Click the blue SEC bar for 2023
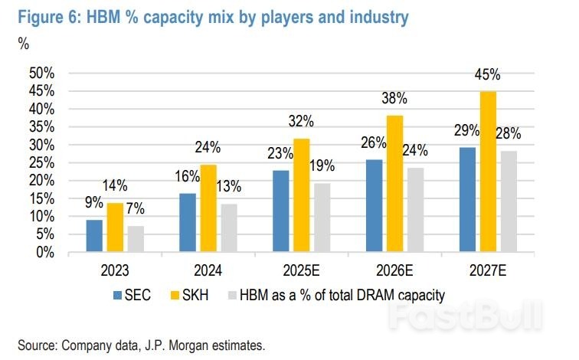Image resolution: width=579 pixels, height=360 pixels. pyautogui.click(x=93, y=236)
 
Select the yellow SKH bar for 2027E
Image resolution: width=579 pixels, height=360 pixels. pyautogui.click(x=488, y=172)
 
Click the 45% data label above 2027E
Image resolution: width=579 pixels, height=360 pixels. pyautogui.click(x=488, y=75)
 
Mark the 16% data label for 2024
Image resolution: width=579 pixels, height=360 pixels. pyautogui.click(x=187, y=178)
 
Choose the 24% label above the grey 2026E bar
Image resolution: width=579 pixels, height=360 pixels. pyautogui.click(x=417, y=151)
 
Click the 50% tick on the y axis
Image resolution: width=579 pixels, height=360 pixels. pyautogui.click(x=41, y=73)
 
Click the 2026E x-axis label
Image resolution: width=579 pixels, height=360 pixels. pyautogui.click(x=395, y=270)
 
